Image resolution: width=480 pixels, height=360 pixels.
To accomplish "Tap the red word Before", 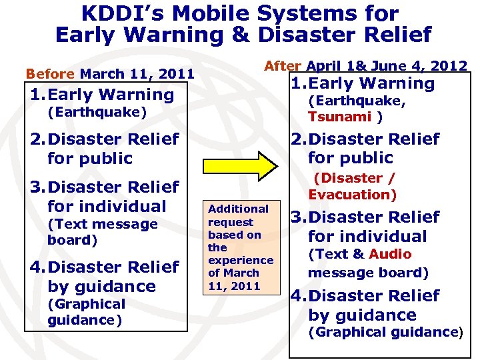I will pyautogui.click(x=50, y=73).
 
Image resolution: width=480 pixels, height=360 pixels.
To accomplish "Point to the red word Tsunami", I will pyautogui.click(x=339, y=117).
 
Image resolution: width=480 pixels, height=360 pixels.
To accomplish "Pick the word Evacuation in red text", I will pyautogui.click(x=352, y=195).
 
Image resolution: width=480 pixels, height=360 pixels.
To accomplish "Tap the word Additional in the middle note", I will pyautogui.click(x=238, y=209).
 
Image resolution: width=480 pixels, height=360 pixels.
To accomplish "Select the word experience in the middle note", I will pyautogui.click(x=241, y=260).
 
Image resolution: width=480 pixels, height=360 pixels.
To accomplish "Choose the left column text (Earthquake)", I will pyautogui.click(x=97, y=112).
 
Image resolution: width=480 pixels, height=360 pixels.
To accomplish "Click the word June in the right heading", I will pyautogui.click(x=393, y=65).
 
